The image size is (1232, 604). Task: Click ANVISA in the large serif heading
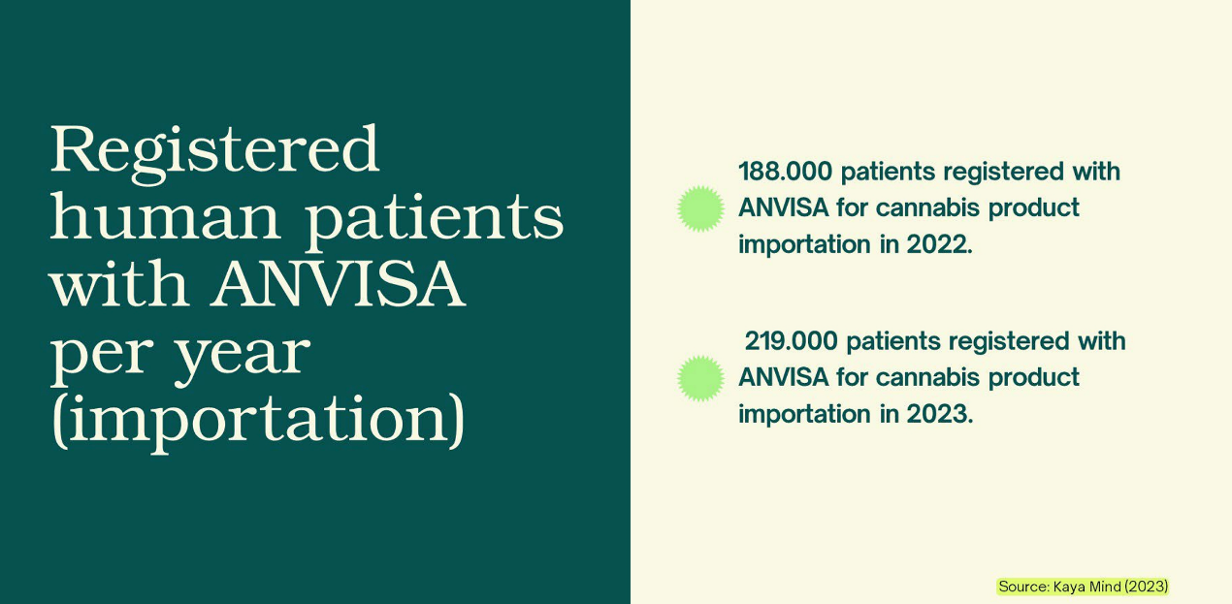pos(339,284)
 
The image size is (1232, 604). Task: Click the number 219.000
pos(791,341)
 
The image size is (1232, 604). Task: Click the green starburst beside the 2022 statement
pos(700,208)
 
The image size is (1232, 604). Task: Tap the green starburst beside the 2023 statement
pos(700,378)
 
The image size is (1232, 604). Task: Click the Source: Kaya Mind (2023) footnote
pos(1083,587)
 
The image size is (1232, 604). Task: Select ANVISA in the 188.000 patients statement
pos(783,208)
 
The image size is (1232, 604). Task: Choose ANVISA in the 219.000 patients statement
pos(783,378)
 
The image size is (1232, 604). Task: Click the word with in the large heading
pos(119,284)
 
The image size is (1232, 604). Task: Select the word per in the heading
pos(102,357)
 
